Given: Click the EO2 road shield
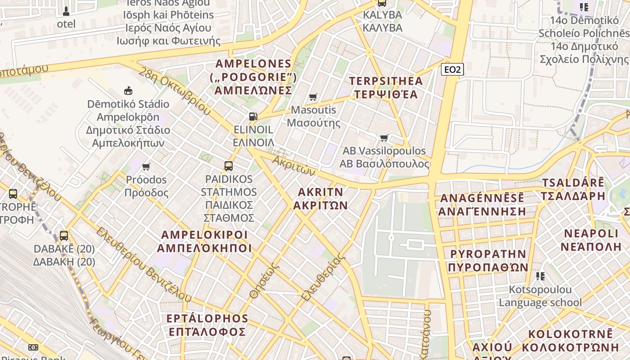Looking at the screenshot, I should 452,69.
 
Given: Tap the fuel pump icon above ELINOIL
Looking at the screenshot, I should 253,117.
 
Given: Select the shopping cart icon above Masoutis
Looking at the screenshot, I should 313,97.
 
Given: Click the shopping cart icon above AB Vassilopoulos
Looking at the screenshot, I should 384,138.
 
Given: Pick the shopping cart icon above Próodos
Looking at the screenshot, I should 146,167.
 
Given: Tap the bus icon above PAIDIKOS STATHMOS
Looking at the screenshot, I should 229,166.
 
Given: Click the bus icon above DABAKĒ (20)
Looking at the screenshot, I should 64,235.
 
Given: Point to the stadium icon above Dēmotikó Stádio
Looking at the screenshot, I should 128,91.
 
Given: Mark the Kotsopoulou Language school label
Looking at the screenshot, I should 540,296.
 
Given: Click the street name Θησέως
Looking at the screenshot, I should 265,281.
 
